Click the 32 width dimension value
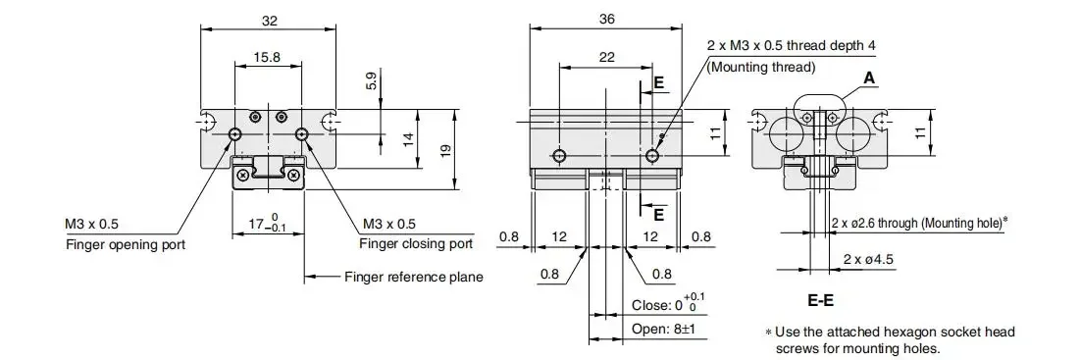(x=270, y=21)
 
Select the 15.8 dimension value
(x=267, y=58)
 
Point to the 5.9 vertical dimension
(x=371, y=81)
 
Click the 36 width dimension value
(x=606, y=20)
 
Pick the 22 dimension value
(x=606, y=58)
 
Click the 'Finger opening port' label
(x=126, y=244)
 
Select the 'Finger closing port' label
(x=416, y=243)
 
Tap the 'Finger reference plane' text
(x=413, y=278)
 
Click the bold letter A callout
(x=870, y=78)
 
